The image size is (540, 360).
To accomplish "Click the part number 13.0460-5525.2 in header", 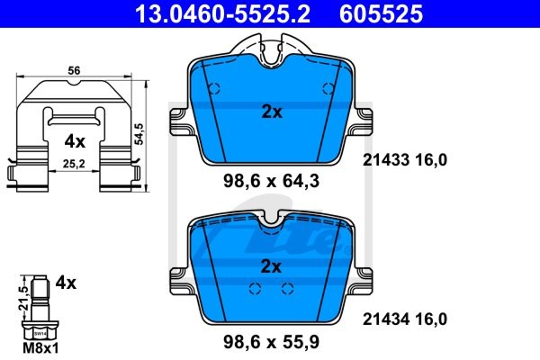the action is tap(223, 13).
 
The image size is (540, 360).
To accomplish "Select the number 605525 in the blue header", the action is tap(381, 13).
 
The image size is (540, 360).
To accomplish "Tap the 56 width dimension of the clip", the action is tap(74, 70).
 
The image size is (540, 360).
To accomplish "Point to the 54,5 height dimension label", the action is tap(140, 134).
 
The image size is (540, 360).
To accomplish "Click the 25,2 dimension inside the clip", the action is tap(74, 164).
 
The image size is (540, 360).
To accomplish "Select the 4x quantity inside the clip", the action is tap(75, 141).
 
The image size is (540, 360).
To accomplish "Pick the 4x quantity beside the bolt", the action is tap(66, 283).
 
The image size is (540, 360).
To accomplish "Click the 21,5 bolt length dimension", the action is tap(23, 298).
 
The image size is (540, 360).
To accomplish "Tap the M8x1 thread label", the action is tap(40, 348).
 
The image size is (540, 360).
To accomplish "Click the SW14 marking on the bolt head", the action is tap(40, 334).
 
